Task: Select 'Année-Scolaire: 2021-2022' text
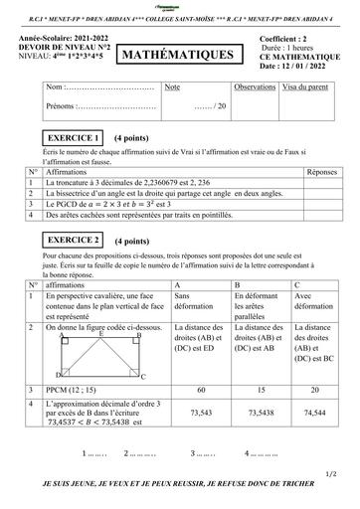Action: [x=58, y=39]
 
